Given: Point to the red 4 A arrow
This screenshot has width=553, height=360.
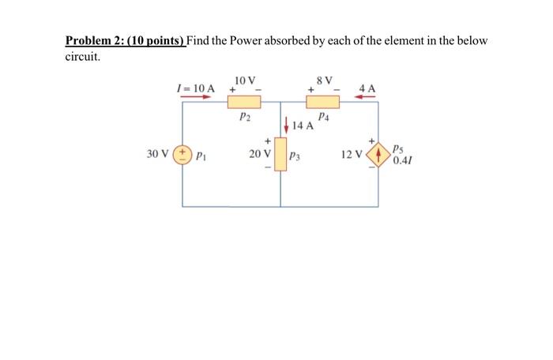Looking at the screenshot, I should tap(367, 97).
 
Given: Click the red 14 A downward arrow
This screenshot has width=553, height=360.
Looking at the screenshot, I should tap(286, 125).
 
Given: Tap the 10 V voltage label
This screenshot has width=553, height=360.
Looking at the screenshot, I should tap(245, 80).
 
